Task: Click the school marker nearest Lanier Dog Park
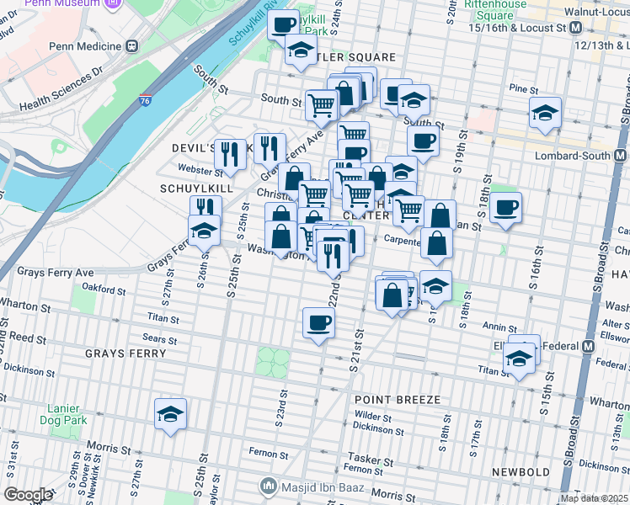[x=170, y=415]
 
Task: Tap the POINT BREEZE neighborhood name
[x=399, y=399]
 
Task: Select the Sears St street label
[x=159, y=340]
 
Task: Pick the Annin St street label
[x=499, y=327]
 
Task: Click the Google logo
[x=28, y=494]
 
